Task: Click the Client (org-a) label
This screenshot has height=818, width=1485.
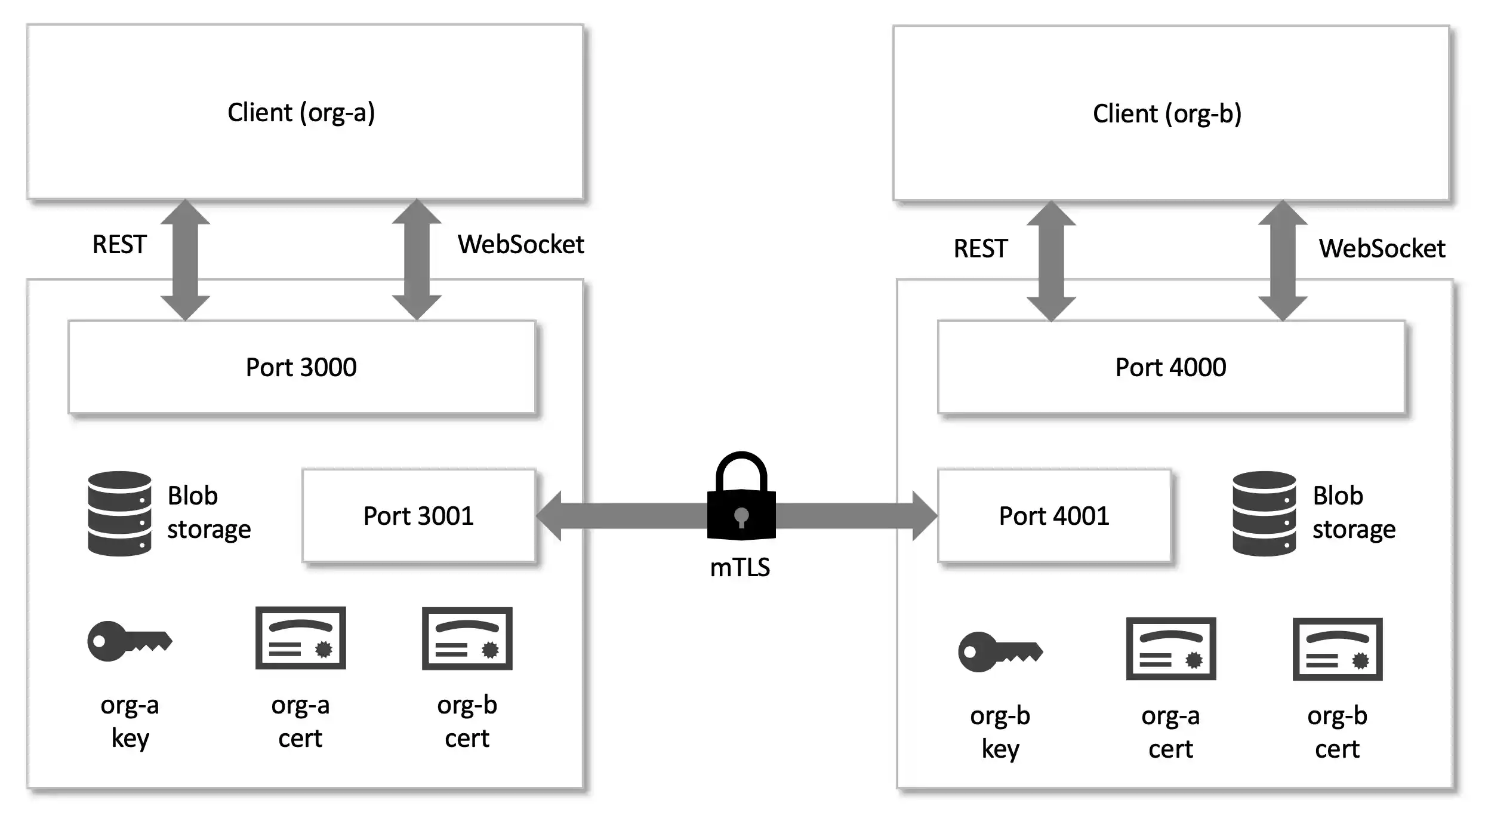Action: pos(301,113)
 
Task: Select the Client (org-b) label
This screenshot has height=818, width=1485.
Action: pos(1167,114)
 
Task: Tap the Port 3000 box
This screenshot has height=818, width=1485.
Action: pos(301,367)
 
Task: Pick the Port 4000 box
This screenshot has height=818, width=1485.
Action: pos(1170,367)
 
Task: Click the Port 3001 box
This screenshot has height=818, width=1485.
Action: pos(418,516)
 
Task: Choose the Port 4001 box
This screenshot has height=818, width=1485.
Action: pos(1054,516)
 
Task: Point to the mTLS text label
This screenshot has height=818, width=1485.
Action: pos(740,567)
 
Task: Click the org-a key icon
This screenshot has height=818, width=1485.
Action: pos(129,641)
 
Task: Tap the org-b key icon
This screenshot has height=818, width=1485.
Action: pos(1000,652)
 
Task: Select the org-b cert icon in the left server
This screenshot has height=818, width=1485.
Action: pos(467,638)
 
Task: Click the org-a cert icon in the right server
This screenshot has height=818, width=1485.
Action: pos(1170,649)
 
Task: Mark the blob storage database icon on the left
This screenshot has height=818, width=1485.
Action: pos(119,513)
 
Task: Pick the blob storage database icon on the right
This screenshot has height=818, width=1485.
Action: pos(1264,513)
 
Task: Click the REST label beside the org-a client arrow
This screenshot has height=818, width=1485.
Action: pos(119,245)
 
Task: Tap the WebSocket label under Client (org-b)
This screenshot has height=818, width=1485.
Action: pos(1382,249)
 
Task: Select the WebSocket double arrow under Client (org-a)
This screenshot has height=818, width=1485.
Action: pos(417,260)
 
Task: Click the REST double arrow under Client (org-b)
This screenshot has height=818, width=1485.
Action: pos(1051,261)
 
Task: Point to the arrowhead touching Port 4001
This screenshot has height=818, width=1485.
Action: pos(924,516)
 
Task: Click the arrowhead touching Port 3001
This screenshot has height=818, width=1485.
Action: pos(550,516)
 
